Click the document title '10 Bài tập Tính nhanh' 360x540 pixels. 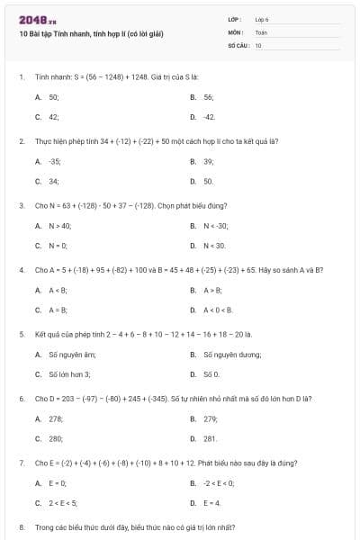[x=91, y=33]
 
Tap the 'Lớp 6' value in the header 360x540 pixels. [x=262, y=18]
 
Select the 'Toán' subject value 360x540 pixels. [x=261, y=31]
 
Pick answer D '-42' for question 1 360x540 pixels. [x=209, y=117]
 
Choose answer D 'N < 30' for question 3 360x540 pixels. [x=214, y=246]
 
